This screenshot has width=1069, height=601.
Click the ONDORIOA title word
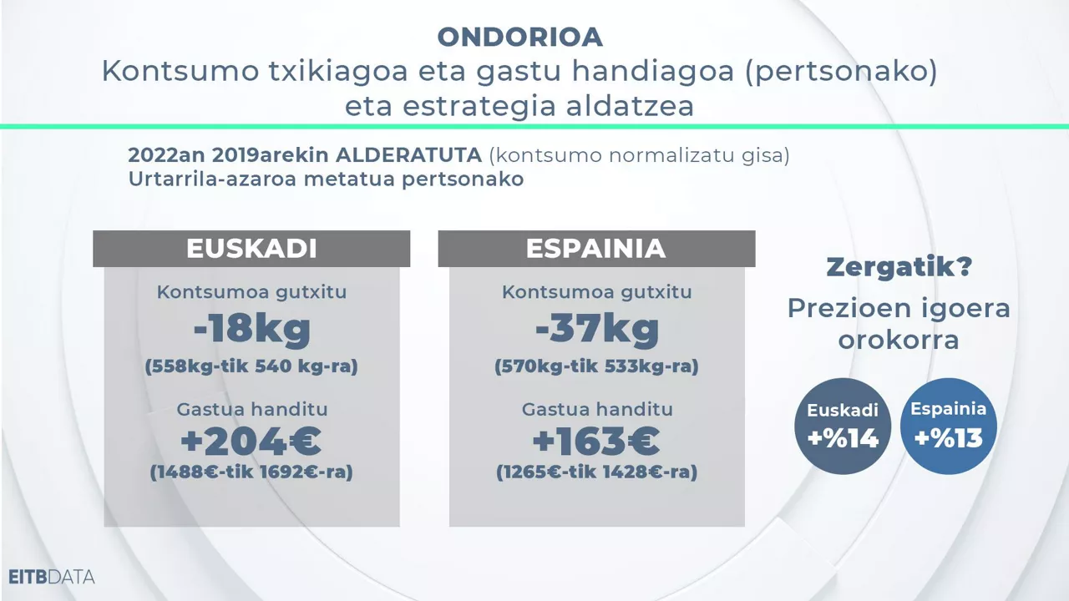[519, 37]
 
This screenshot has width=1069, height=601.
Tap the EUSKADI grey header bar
[251, 249]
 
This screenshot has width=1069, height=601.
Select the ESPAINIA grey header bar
[596, 249]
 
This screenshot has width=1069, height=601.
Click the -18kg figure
[251, 329]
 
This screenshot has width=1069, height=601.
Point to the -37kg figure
[596, 329]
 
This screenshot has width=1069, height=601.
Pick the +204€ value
[251, 441]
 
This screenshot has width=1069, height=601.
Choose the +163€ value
[596, 441]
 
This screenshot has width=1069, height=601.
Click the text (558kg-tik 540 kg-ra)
[251, 366]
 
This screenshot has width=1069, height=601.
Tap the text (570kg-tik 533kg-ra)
[596, 366]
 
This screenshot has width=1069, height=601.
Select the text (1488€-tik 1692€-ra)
[251, 472]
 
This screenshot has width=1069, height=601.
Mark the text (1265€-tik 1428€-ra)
[596, 472]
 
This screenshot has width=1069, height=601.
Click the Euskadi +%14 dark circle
[843, 426]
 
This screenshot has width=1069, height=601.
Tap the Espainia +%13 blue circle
[949, 426]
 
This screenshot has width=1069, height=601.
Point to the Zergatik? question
[899, 268]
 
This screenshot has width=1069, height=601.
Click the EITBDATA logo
[52, 577]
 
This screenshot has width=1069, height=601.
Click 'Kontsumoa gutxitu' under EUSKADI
[251, 292]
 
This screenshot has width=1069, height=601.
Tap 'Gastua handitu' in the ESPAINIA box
[596, 410]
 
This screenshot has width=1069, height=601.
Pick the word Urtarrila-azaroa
[202, 179]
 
